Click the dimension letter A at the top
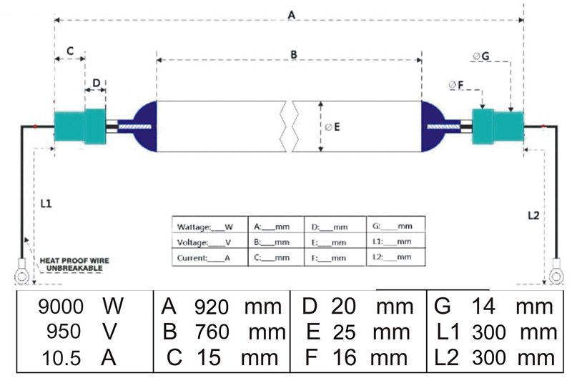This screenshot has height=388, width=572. coord(291,15)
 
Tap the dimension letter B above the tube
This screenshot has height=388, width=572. coord(294,55)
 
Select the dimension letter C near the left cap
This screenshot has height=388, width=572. coord(70,51)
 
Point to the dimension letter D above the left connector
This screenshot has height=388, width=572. coord(97,83)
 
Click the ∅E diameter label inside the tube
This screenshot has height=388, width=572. coord(332,127)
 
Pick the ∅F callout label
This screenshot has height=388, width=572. coord(455,85)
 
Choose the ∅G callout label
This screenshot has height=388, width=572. coord(480,56)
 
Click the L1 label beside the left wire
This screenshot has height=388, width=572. coord(46,204)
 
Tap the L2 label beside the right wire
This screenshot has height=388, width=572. coord(533,216)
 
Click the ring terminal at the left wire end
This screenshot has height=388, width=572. coord(21,276)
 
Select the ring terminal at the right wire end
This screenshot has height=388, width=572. coord(556,276)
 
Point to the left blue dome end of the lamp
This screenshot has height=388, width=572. coord(145,126)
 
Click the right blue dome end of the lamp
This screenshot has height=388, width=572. coord(433,126)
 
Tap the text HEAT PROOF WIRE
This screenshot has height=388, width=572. coord(74,261)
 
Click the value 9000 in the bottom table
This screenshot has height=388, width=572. coord(61,307)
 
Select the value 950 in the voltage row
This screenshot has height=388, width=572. coord(64,332)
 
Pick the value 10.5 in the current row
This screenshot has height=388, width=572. coord(61,358)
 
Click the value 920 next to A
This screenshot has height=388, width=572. coord(212,307)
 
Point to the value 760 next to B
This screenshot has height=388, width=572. coord(212,332)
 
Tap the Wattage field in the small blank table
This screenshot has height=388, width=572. coord(204,227)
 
